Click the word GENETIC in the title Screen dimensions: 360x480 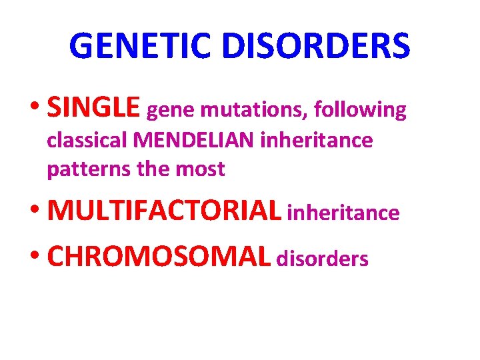tap(139, 45)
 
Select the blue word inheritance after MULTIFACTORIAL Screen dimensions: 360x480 tap(343, 213)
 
